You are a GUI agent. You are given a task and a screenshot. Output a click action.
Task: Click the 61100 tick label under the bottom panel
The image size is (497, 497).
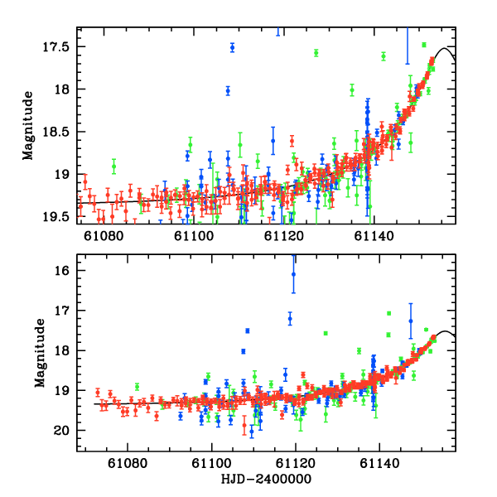pos(212,466)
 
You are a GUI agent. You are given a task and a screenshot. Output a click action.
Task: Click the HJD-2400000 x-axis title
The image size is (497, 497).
pos(267,480)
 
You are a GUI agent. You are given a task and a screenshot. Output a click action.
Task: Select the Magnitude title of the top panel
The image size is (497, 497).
pos(28,125)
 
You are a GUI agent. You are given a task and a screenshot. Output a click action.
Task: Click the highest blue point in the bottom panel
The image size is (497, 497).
pos(293,274)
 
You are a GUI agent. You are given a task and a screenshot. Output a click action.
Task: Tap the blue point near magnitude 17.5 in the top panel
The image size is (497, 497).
pos(232,47)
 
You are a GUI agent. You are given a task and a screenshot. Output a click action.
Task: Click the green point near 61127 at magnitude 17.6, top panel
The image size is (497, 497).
pos(316,53)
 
